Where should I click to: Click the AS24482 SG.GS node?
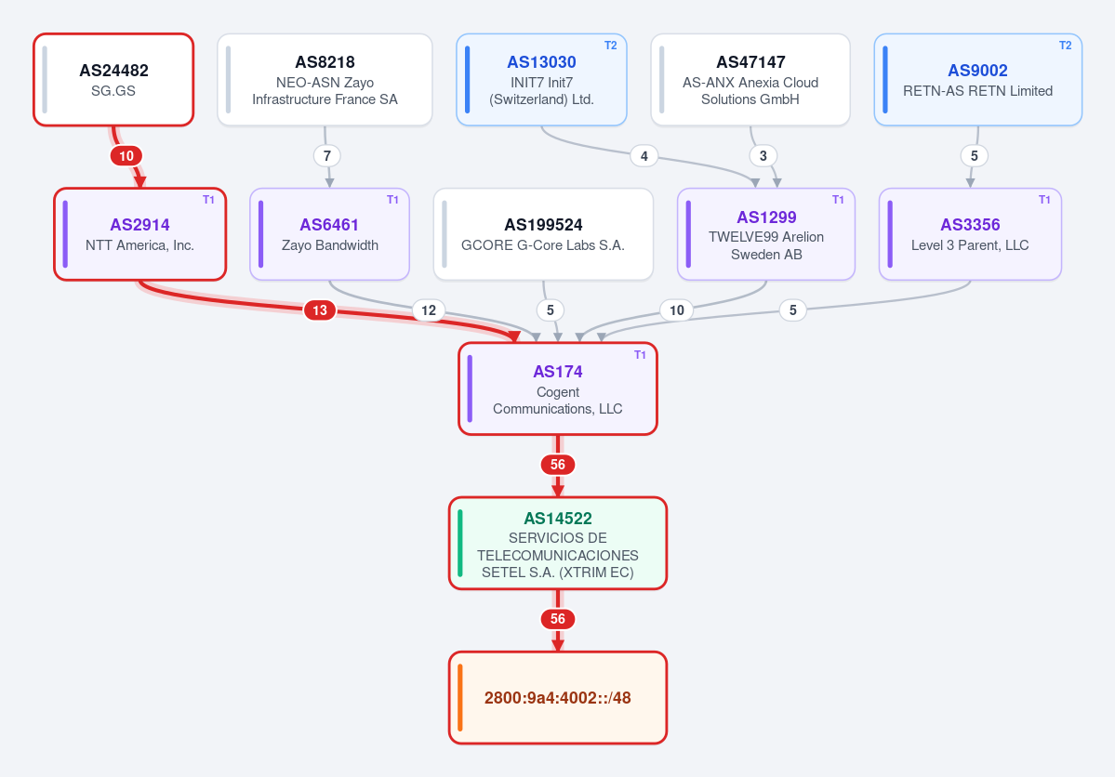click(x=113, y=80)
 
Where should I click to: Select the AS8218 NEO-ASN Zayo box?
click(x=325, y=80)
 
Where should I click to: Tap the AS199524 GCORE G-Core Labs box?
click(x=543, y=234)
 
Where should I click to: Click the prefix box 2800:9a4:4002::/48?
click(x=558, y=697)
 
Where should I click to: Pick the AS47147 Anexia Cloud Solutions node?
click(x=750, y=80)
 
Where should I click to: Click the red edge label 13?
click(x=320, y=309)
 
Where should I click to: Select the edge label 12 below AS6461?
click(x=429, y=309)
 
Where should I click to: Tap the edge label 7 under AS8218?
click(x=327, y=156)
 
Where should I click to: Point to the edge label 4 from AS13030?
click(x=644, y=156)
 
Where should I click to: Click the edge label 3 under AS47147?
click(x=763, y=156)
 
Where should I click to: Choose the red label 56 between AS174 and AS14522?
click(x=558, y=464)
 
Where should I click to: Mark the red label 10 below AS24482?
click(x=126, y=156)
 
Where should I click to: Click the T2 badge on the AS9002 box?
click(x=1065, y=46)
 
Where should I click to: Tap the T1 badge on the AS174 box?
click(x=640, y=355)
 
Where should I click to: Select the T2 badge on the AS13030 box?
click(x=610, y=46)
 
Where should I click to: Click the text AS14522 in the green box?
click(x=558, y=519)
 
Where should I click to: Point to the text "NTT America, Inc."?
click(x=140, y=245)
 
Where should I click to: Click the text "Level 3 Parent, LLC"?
click(x=970, y=245)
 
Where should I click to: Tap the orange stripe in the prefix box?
click(x=460, y=697)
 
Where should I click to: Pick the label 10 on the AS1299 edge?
click(x=677, y=309)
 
